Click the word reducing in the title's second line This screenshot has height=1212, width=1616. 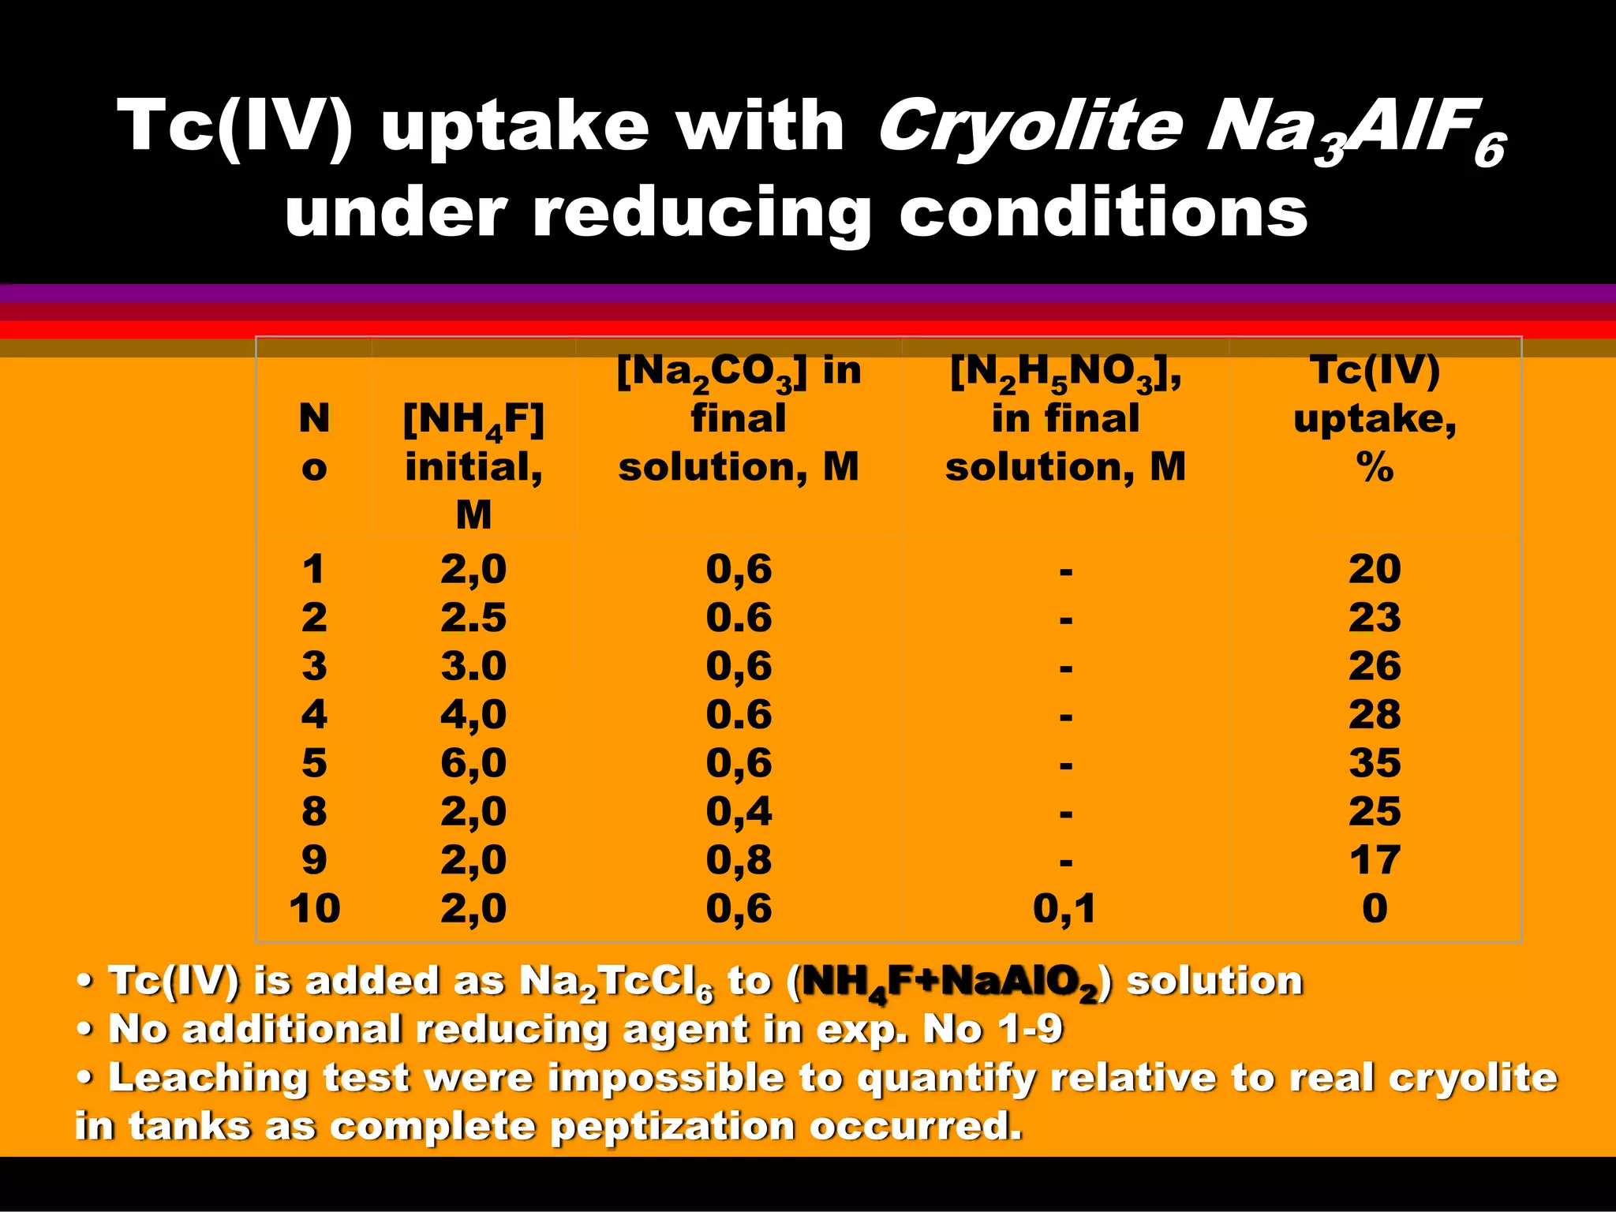click(x=701, y=213)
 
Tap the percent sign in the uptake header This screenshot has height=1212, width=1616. click(x=1374, y=467)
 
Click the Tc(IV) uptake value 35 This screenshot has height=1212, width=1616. click(x=1374, y=763)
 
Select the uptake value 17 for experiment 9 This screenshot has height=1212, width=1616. click(x=1374, y=860)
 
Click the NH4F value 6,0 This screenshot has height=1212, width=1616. click(x=473, y=763)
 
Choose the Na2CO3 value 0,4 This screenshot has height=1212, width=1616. click(x=739, y=811)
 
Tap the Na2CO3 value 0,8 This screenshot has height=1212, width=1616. click(x=739, y=860)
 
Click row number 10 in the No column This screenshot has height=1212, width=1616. click(x=314, y=908)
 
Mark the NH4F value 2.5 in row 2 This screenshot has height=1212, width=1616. click(x=473, y=617)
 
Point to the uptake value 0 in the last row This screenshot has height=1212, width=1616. click(x=1374, y=908)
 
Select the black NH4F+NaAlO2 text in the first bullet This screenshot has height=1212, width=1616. click(x=950, y=982)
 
